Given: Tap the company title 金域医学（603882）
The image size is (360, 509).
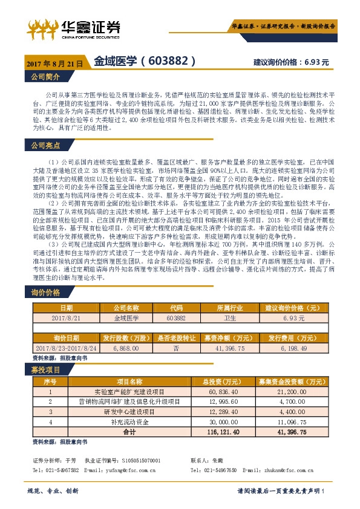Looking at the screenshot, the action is [145, 62].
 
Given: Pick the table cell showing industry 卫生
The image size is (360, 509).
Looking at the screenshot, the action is [229, 317].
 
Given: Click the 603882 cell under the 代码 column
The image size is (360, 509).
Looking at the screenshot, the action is [176, 317].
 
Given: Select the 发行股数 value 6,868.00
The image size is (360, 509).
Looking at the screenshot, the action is [126, 348].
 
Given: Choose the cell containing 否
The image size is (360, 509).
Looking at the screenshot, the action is [176, 348].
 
